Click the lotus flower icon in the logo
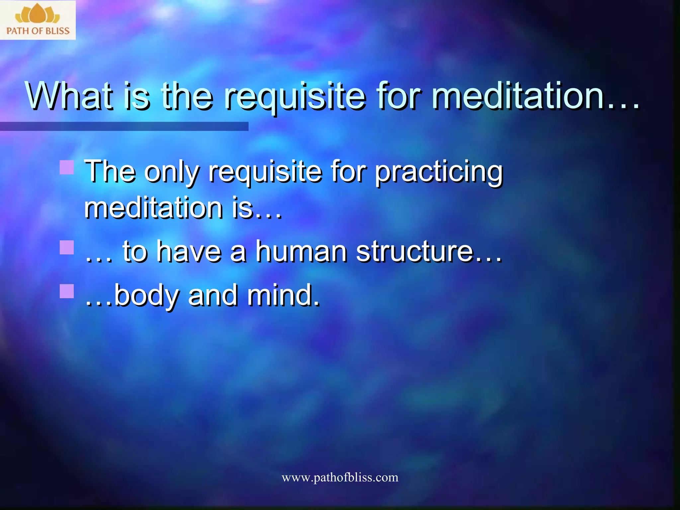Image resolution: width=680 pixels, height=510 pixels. pyautogui.click(x=37, y=14)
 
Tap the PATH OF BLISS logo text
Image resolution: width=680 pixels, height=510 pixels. pyautogui.click(x=38, y=31)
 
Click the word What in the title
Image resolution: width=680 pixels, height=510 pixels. pyautogui.click(x=68, y=96)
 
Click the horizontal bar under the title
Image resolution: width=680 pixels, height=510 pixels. pyautogui.click(x=124, y=126)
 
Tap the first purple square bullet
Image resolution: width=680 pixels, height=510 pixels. pyautogui.click(x=67, y=167)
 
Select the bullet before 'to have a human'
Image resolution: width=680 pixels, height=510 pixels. pyautogui.click(x=67, y=247)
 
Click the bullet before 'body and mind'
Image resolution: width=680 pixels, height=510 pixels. pyautogui.click(x=67, y=291)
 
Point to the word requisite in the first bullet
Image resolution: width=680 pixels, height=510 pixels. pyautogui.click(x=265, y=173)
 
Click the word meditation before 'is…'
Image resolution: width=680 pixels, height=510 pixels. pyautogui.click(x=153, y=208)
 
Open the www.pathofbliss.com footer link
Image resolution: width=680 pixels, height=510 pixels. pyautogui.click(x=340, y=477)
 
